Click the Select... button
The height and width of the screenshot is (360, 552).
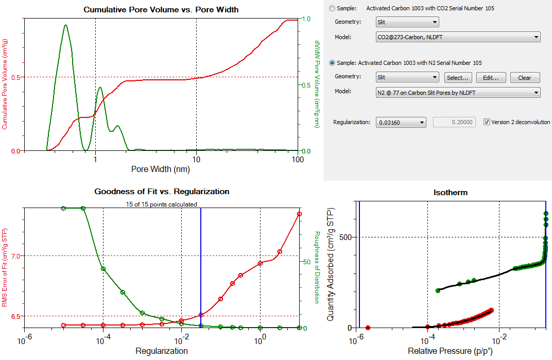(x=458, y=78)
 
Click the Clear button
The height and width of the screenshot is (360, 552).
(x=524, y=78)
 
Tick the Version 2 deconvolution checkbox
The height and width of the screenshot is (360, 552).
(x=487, y=122)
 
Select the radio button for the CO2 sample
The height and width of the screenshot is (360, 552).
(x=332, y=8)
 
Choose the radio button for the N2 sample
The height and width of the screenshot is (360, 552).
(x=332, y=63)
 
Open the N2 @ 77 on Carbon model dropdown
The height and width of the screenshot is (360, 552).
(x=458, y=92)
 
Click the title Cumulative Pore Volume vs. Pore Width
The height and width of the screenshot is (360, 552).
(x=161, y=10)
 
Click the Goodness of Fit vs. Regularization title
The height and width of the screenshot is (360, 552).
(x=162, y=192)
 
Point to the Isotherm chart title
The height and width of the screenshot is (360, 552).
(x=451, y=193)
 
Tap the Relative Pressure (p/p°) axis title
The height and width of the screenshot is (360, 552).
(x=451, y=351)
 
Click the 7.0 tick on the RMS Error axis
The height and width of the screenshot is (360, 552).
(x=16, y=256)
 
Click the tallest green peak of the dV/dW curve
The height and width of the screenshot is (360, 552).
(x=65, y=25)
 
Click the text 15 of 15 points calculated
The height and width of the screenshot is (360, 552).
(x=162, y=204)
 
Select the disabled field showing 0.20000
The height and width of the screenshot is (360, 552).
(x=455, y=122)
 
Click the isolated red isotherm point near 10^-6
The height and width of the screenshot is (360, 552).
(x=368, y=328)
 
